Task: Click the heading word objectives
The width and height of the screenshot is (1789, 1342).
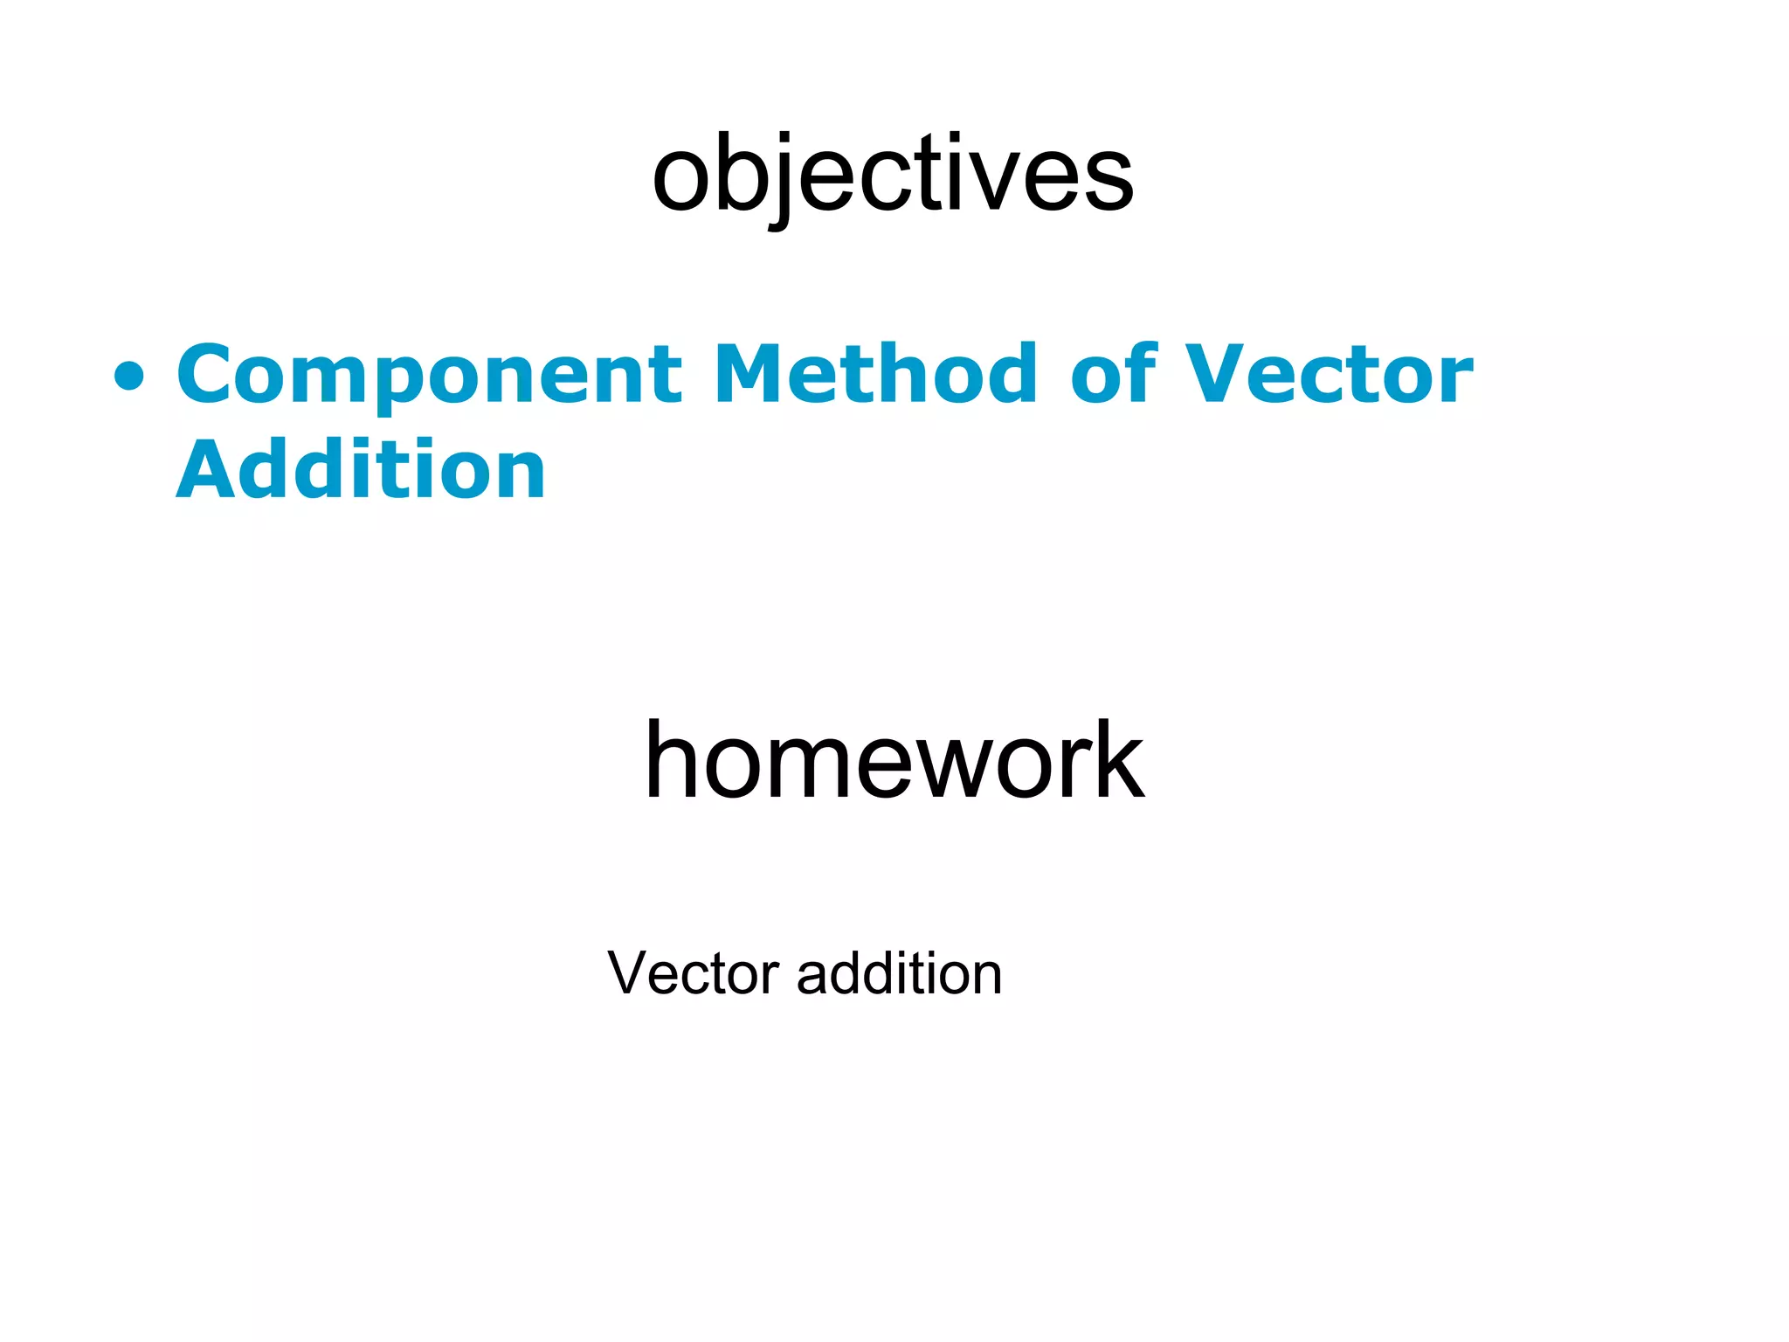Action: (x=893, y=175)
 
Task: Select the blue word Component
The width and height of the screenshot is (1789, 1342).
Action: (x=429, y=376)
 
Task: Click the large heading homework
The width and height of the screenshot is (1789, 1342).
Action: (x=894, y=760)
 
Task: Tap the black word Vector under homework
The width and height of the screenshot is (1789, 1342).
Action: (x=693, y=973)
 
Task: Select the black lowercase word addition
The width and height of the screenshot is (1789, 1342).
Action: (x=899, y=973)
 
